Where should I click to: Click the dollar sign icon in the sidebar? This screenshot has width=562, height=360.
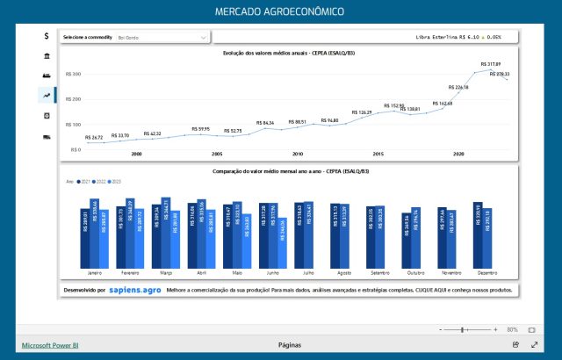pyautogui.click(x=46, y=36)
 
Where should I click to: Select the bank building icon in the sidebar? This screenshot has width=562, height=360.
pyautogui.click(x=46, y=56)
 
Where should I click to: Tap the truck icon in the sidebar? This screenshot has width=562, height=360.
pyautogui.click(x=46, y=136)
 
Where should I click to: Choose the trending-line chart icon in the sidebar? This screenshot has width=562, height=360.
pyautogui.click(x=46, y=95)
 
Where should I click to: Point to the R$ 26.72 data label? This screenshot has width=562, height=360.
pyautogui.click(x=95, y=137)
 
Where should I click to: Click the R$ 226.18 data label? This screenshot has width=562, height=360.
pyautogui.click(x=458, y=88)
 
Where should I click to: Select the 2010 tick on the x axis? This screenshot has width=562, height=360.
pyautogui.click(x=298, y=154)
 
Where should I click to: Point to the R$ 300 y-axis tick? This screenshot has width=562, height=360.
pyautogui.click(x=75, y=75)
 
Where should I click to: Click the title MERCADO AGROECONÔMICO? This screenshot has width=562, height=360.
pyautogui.click(x=280, y=11)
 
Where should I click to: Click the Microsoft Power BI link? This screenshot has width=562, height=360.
pyautogui.click(x=52, y=345)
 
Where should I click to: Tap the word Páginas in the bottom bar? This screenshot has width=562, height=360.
pyautogui.click(x=289, y=345)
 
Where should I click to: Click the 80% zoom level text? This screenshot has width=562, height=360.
pyautogui.click(x=512, y=329)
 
